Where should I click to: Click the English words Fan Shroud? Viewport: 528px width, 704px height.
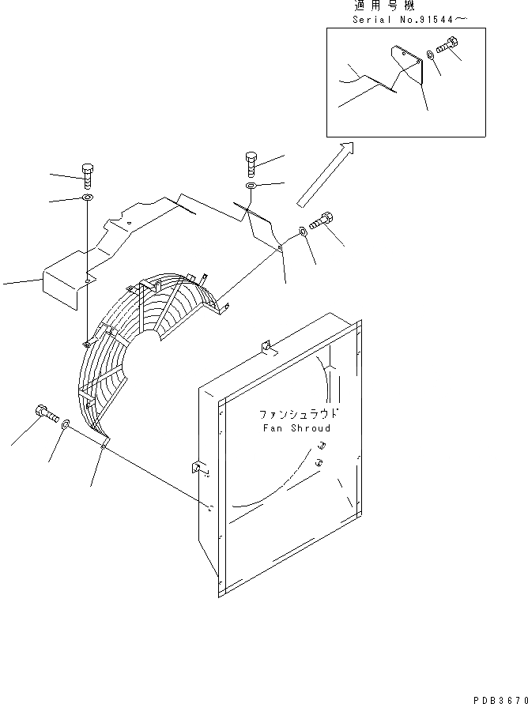(x=296, y=428)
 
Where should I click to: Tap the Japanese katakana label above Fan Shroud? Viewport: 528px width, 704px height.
(x=298, y=414)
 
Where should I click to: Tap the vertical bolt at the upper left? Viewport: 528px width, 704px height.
(x=87, y=175)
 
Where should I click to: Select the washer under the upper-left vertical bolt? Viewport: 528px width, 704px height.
(x=87, y=197)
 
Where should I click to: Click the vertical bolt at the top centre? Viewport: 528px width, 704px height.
(x=251, y=164)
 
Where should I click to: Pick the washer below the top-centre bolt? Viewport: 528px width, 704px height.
(x=250, y=186)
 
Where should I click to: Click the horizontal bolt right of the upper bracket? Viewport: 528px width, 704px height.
(x=321, y=222)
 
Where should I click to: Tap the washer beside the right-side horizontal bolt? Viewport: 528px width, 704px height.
(x=304, y=232)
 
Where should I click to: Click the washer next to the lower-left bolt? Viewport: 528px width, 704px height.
(x=65, y=424)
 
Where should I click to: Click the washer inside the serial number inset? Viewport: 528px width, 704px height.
(x=429, y=55)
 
